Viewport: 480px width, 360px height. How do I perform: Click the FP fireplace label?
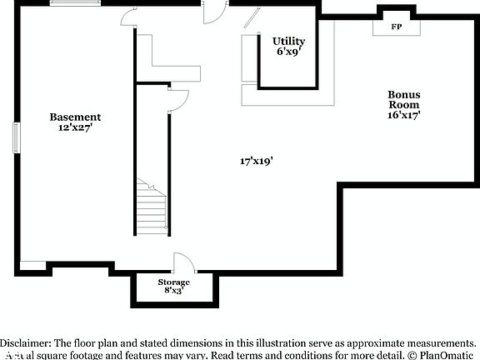click(397, 27)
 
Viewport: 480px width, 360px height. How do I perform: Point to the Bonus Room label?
click(403, 100)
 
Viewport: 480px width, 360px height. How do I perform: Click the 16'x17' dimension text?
click(403, 116)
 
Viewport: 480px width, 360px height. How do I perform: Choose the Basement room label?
click(75, 117)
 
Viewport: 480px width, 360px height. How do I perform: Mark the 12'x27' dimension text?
click(75, 128)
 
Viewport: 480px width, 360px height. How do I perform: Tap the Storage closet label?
click(174, 282)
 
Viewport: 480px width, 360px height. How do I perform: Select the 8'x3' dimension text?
click(174, 291)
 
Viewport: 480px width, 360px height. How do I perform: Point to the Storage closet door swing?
click(184, 262)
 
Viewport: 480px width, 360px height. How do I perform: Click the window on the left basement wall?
click(15, 137)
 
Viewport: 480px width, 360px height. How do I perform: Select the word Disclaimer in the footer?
click(26, 343)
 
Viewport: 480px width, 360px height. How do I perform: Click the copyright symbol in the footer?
click(411, 354)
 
